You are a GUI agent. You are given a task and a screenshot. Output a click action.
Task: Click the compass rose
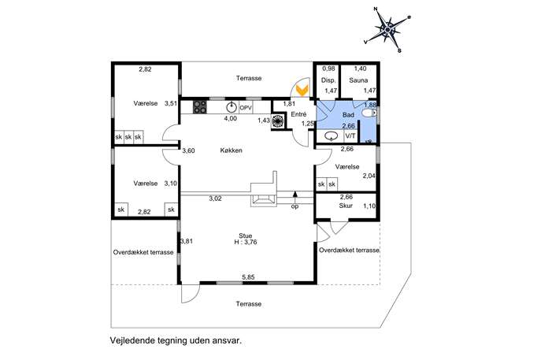387,30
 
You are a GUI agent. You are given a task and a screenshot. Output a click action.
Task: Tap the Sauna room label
358,80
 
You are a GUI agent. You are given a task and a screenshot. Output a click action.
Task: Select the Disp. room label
328,80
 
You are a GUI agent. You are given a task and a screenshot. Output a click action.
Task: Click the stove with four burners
200,107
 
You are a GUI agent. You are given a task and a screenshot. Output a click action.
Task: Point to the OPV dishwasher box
246,108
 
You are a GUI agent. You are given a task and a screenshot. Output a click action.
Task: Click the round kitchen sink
232,108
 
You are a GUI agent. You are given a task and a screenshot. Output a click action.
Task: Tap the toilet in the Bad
369,113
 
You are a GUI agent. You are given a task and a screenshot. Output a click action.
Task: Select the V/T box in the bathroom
350,136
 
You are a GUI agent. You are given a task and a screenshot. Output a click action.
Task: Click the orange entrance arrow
302,91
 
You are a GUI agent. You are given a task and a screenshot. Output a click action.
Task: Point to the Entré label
298,114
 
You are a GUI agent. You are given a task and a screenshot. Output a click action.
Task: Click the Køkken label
232,150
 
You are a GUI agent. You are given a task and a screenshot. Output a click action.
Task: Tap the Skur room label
346,206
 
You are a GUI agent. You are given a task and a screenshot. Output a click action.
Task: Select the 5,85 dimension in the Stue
248,276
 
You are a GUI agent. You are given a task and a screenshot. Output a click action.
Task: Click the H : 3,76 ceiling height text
246,242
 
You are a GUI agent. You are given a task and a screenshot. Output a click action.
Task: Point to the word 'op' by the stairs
295,206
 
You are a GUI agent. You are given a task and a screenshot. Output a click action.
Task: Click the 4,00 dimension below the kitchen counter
231,118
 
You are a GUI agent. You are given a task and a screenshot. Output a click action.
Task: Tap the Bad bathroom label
348,114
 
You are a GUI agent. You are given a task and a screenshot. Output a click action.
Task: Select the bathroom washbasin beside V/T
332,136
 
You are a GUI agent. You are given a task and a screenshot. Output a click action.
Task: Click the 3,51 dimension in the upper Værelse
171,103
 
